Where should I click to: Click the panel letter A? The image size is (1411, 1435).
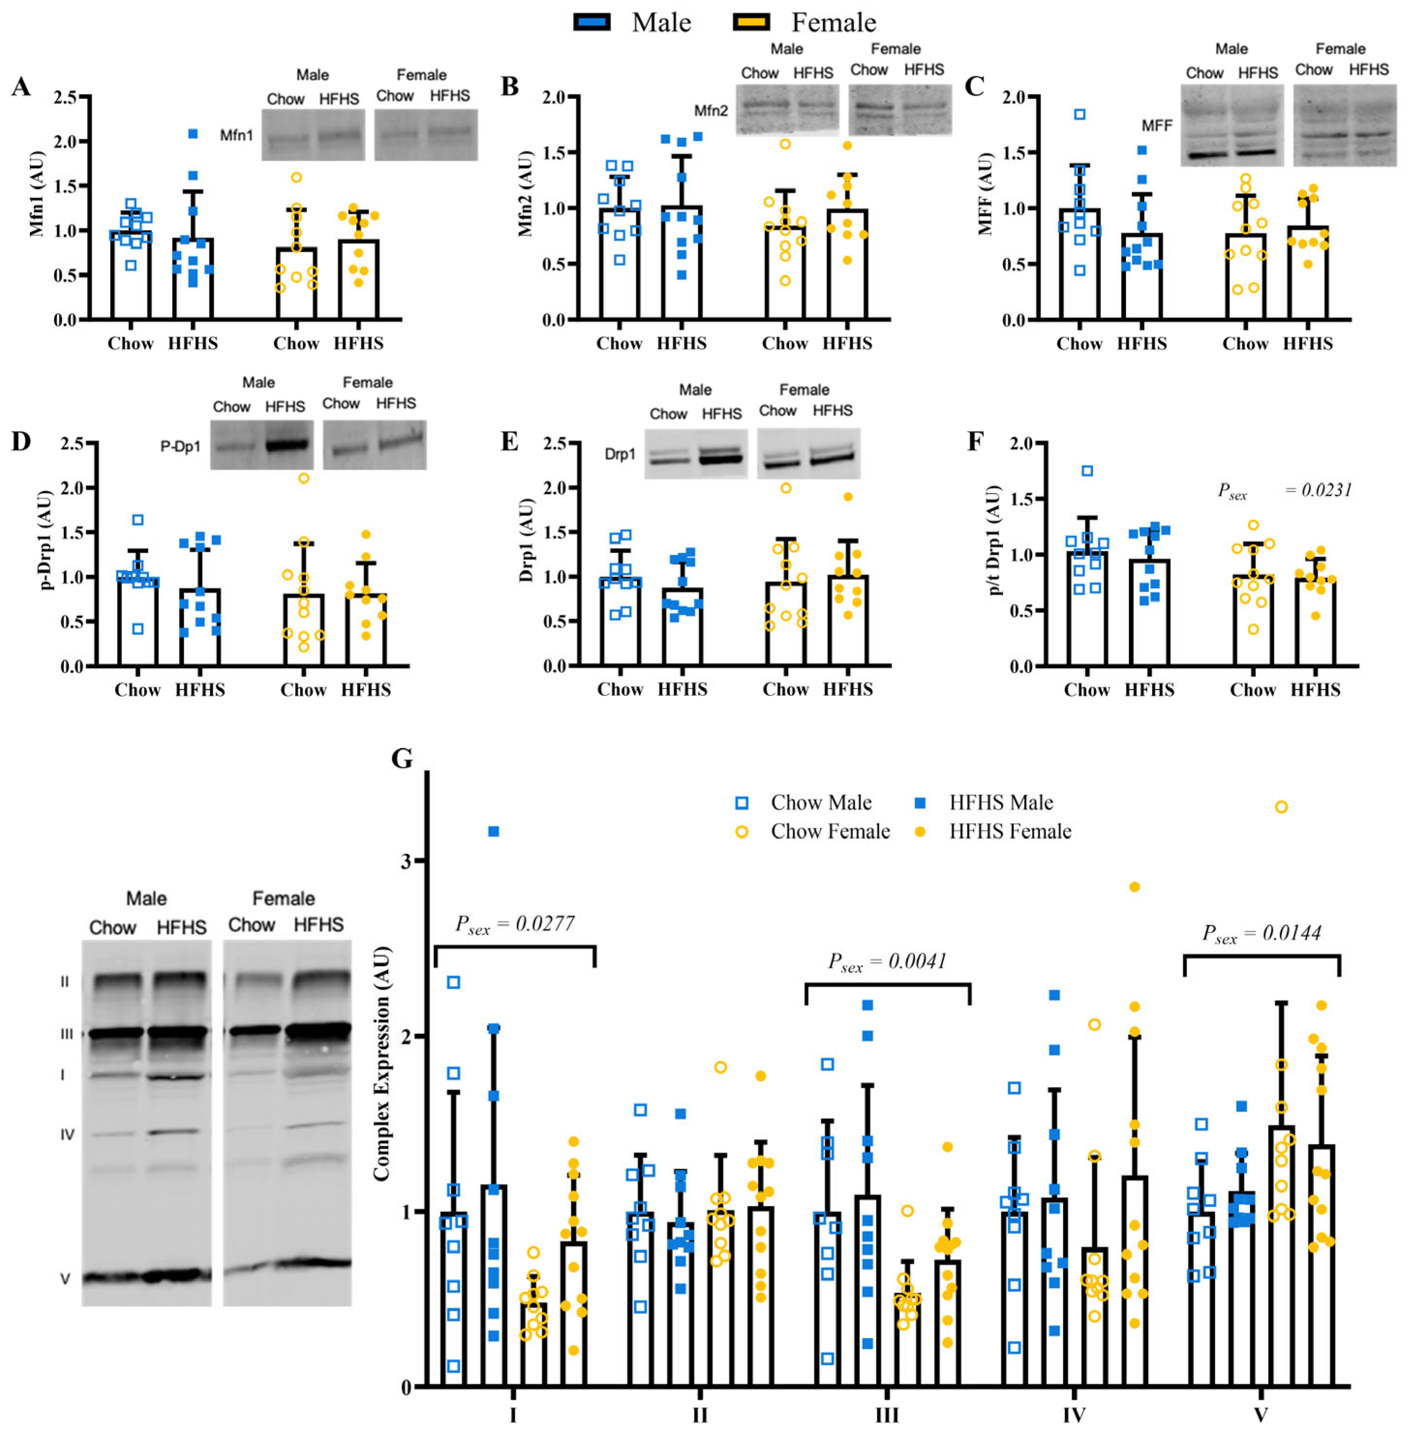click(21, 87)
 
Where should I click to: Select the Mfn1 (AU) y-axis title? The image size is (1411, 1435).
click(37, 194)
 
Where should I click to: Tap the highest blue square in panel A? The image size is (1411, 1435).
click(193, 134)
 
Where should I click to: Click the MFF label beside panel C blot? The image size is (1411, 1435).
click(1157, 126)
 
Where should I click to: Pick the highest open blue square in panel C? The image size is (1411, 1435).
click(1080, 114)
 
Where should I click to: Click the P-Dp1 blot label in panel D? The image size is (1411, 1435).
click(180, 447)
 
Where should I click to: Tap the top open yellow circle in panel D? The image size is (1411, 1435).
click(303, 478)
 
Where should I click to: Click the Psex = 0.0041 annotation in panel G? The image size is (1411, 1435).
click(887, 962)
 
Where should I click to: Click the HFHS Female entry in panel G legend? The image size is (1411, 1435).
click(1009, 831)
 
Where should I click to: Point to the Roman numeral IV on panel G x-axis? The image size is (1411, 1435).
click(1074, 1416)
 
